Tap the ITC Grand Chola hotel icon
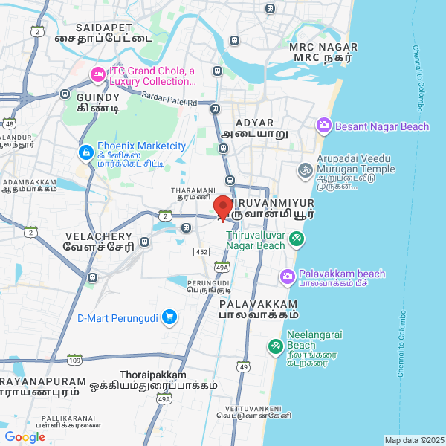click(97, 75)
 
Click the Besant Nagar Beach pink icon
click(324, 126)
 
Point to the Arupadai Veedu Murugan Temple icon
click(303, 171)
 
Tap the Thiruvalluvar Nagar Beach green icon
click(297, 239)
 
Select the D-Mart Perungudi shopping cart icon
click(170, 317)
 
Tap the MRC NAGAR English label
click(323, 46)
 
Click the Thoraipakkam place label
click(153, 375)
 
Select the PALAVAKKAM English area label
click(258, 304)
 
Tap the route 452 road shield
click(201, 252)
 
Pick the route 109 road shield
click(74, 360)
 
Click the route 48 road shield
click(9, 123)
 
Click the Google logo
click(25, 437)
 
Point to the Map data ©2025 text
click(414, 440)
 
